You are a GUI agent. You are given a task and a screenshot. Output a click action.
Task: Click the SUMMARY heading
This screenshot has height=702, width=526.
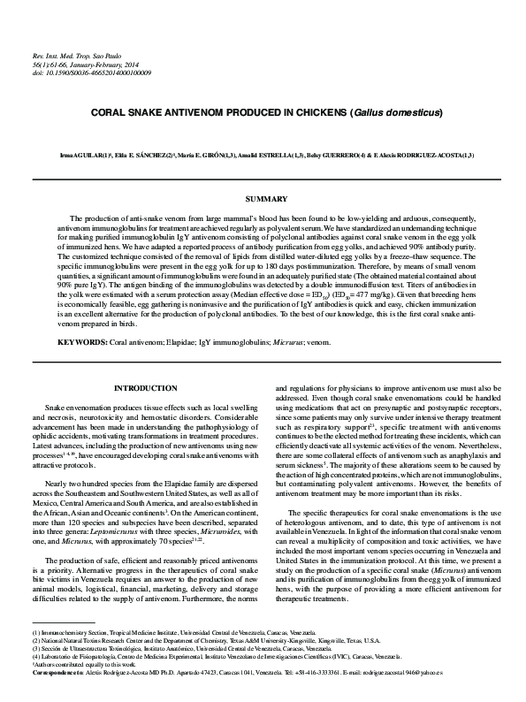[263, 199]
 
